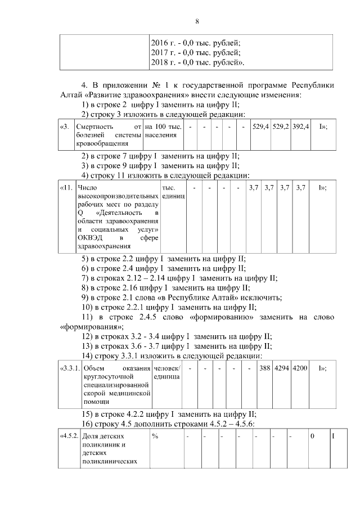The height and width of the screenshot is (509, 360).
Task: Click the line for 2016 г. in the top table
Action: click(196, 43)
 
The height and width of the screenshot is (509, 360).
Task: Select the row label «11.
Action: click(67, 188)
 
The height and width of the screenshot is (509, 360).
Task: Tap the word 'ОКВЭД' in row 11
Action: click(90, 238)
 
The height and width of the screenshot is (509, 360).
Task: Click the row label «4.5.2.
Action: click(69, 436)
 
